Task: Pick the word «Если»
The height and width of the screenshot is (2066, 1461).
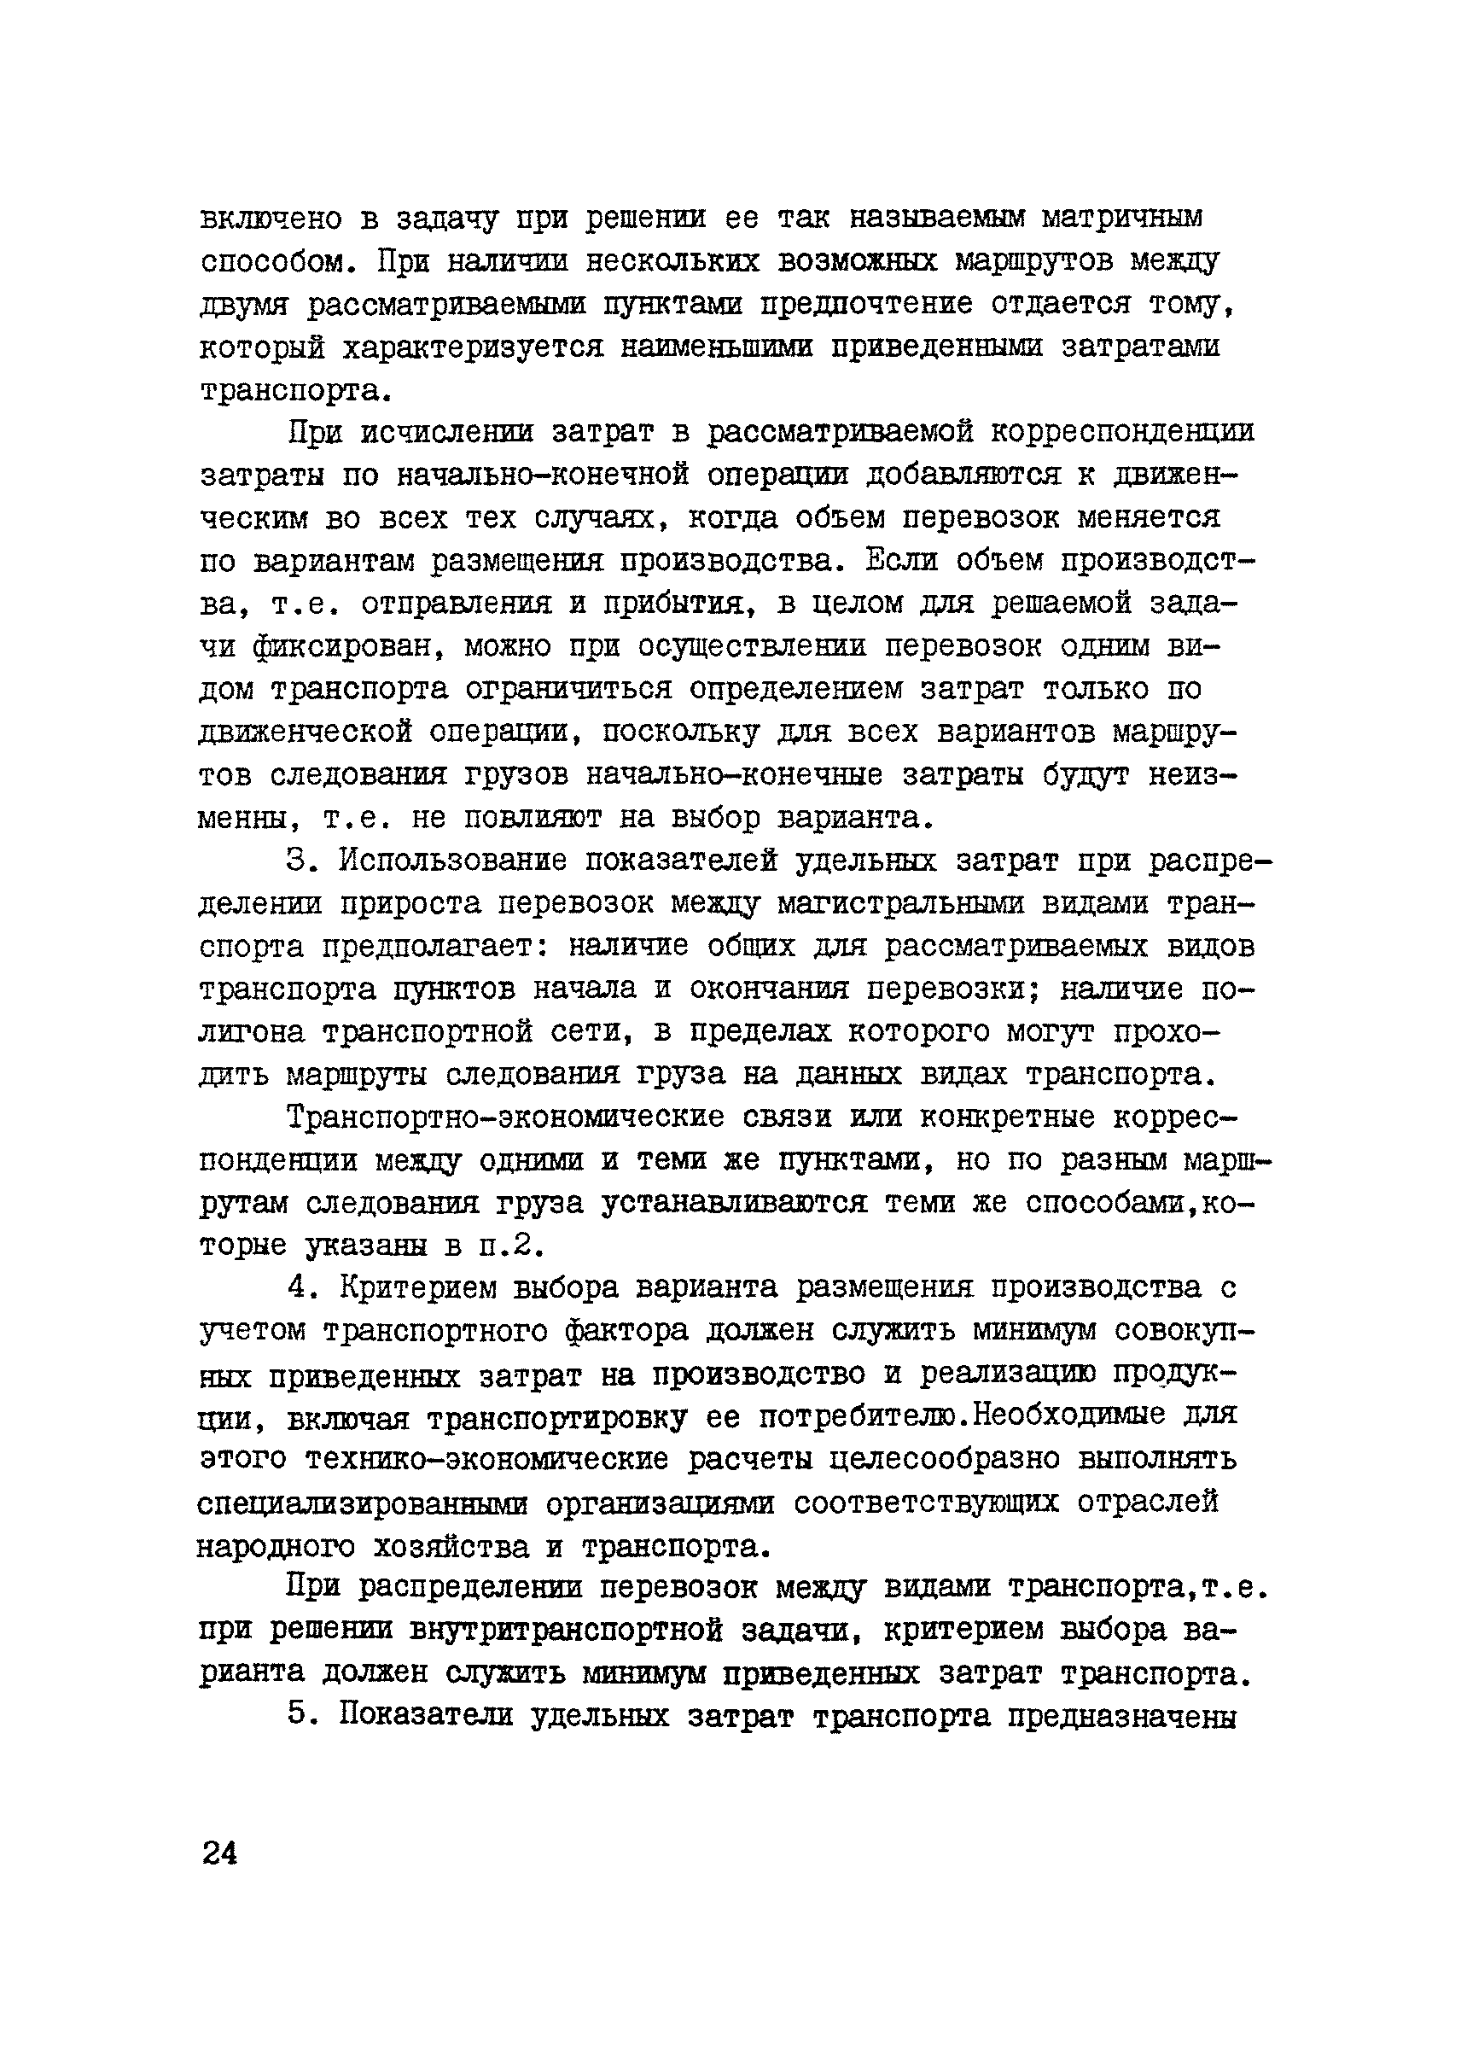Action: point(901,561)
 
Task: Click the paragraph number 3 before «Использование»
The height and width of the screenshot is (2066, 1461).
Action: point(299,861)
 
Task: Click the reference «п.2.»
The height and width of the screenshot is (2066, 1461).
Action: point(510,1247)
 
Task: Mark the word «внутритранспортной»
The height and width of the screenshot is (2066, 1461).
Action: point(577,1631)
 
